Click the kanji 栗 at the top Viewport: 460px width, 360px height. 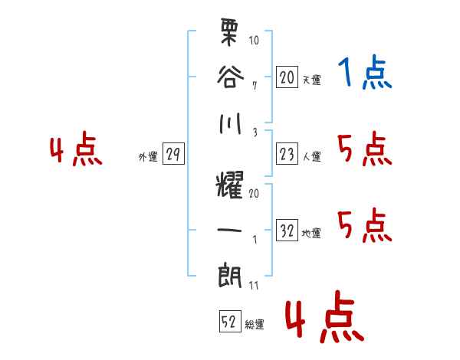coord(231,34)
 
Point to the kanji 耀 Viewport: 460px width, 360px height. coord(231,183)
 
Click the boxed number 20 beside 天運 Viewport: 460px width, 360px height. coord(287,77)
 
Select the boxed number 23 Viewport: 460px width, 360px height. coord(287,154)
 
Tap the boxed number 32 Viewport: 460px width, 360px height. coord(287,231)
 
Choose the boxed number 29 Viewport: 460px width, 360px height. coord(173,155)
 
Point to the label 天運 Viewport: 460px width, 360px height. coord(311,80)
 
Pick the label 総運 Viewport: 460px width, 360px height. coord(255,325)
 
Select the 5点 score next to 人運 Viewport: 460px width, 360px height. coord(364,149)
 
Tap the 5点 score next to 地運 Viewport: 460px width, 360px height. coord(364,226)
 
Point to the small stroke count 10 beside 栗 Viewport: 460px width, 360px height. coord(255,41)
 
